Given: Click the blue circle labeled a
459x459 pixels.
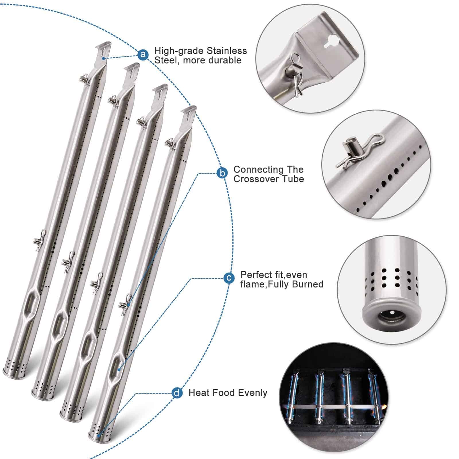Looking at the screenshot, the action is coord(143,54).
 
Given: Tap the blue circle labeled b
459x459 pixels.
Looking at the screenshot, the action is coord(222,173).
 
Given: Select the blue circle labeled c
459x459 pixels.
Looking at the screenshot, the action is coord(229,278).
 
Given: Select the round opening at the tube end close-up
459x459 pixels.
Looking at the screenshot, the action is coord(391,317).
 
